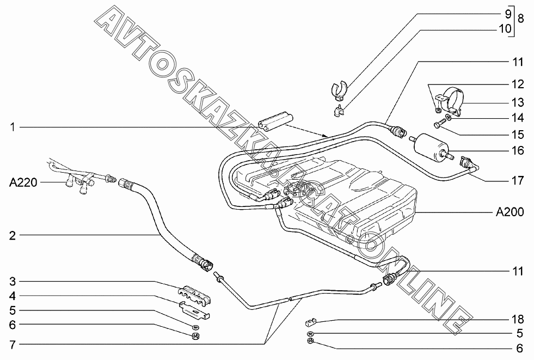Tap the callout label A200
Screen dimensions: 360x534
510,212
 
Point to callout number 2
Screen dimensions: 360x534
11,235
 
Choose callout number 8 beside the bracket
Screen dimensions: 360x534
520,19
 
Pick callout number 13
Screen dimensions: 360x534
517,102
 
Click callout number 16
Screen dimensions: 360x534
517,150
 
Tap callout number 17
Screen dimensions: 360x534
517,180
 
